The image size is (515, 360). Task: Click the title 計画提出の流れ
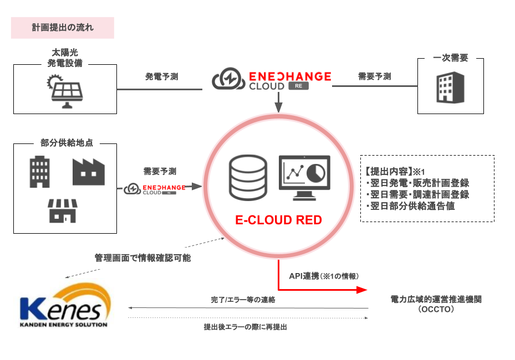62,27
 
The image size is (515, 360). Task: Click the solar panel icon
65,90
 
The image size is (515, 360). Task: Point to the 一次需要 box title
450,58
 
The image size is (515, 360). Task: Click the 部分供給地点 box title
66,142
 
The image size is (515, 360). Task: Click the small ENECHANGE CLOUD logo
155,189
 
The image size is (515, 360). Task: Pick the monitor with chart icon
304,177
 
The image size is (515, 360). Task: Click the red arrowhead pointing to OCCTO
361,290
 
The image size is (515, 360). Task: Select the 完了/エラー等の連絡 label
243,300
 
